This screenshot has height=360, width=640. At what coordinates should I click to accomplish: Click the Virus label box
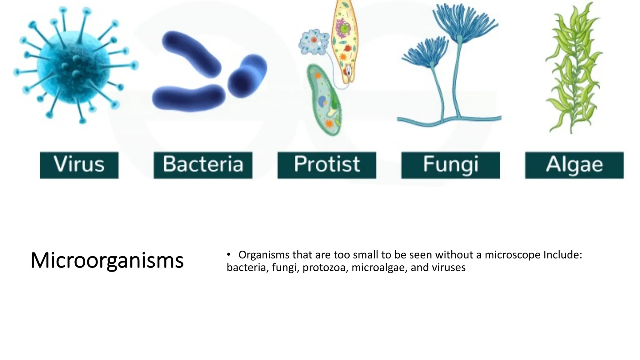79,165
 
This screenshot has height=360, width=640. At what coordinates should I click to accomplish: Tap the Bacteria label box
203,165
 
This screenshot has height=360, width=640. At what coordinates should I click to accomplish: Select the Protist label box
327,165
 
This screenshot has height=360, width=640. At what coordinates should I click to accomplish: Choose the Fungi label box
450,165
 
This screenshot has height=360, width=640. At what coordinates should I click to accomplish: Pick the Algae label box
574,165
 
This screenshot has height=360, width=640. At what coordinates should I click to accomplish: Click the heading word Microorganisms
107,260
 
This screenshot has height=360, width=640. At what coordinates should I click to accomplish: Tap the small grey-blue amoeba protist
313,42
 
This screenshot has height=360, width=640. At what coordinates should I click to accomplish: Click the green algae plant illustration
573,69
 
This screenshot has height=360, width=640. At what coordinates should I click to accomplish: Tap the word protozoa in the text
325,268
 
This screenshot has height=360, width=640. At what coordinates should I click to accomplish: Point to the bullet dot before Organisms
229,254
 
